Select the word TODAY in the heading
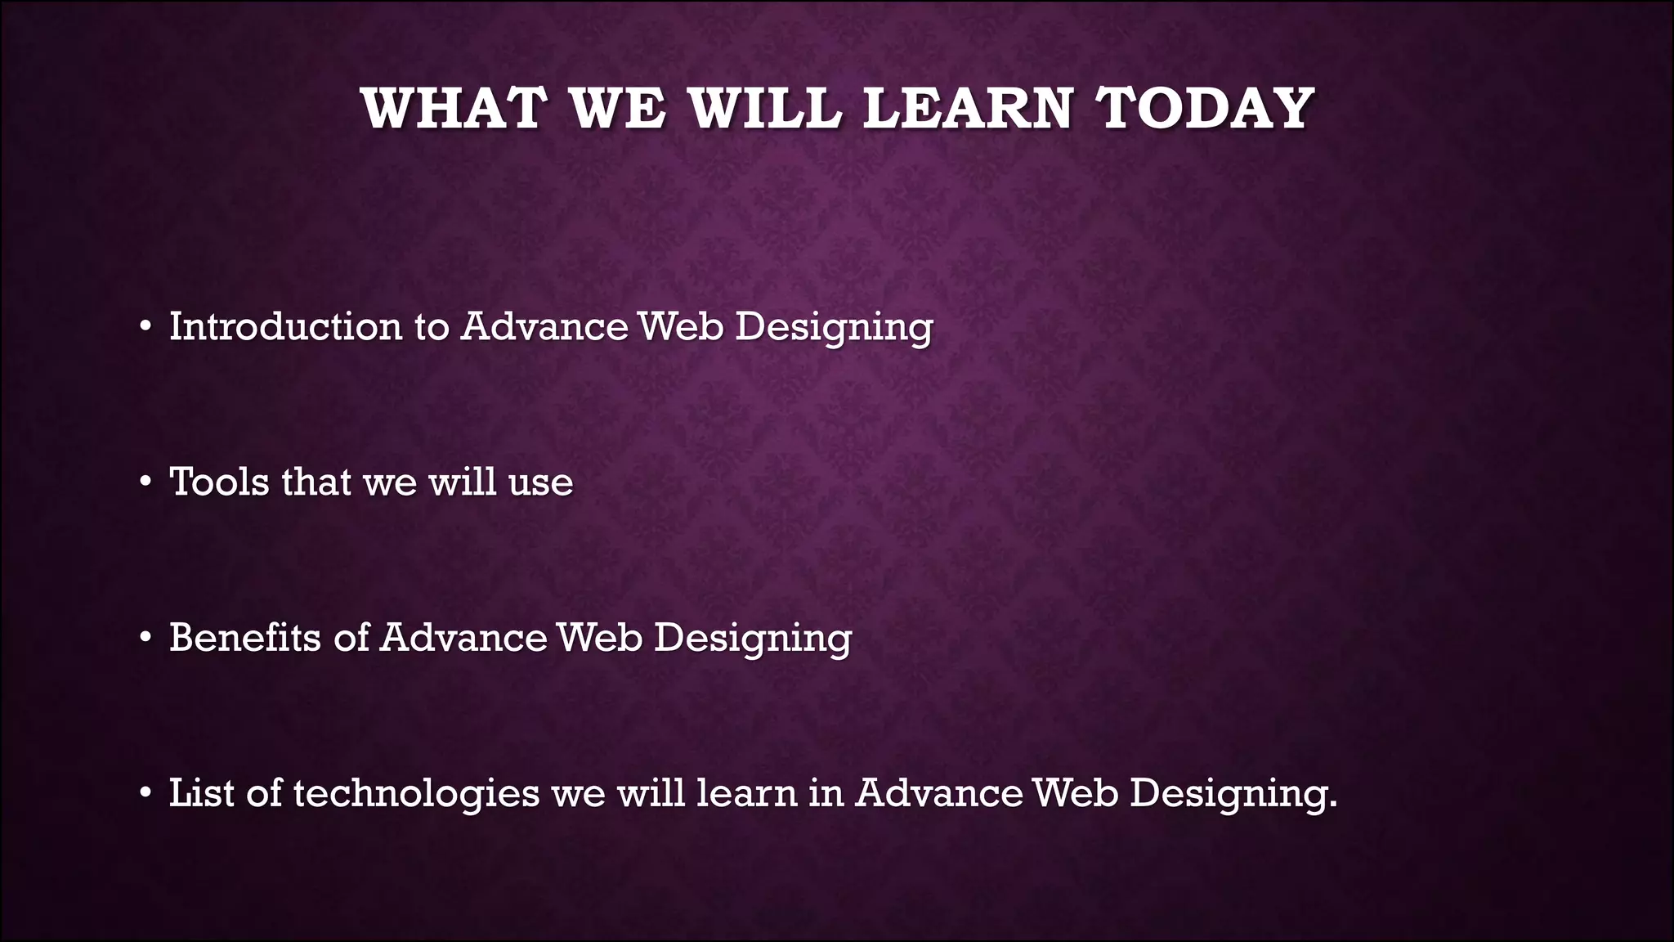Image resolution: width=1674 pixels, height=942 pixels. (x=1205, y=109)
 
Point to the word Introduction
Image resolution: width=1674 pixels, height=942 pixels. (x=284, y=326)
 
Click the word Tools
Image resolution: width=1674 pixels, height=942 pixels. (x=219, y=482)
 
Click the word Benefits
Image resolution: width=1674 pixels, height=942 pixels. (x=244, y=637)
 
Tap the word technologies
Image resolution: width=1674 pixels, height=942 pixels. (x=416, y=793)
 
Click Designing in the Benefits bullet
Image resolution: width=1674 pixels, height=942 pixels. (x=752, y=639)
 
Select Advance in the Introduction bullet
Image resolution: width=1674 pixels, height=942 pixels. (x=544, y=326)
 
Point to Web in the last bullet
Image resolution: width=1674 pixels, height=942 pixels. (x=1075, y=792)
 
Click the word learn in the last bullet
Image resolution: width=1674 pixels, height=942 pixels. (x=746, y=792)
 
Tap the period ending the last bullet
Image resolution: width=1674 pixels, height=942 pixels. (x=1332, y=805)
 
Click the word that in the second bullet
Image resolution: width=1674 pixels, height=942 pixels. (x=316, y=482)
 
